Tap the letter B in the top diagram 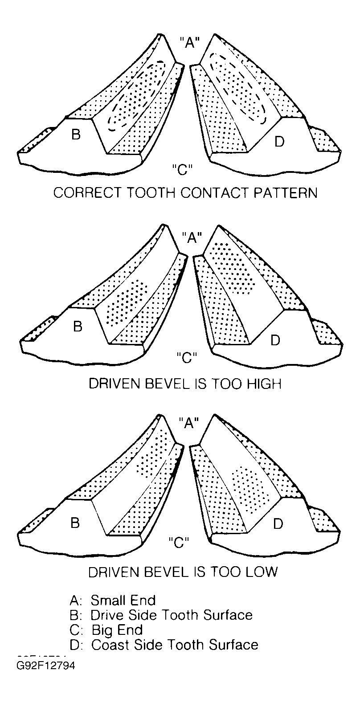[76, 135]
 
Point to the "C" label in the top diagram [182, 169]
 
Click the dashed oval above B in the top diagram [137, 96]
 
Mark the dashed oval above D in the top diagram [239, 87]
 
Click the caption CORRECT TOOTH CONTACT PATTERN [185, 193]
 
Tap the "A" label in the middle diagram [192, 238]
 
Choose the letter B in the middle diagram [78, 327]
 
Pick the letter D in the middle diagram [275, 340]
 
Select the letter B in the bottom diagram [75, 523]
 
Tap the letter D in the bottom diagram [278, 524]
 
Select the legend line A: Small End [113, 600]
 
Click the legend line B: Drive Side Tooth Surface [161, 615]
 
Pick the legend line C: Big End [106, 630]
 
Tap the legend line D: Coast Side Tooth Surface [164, 645]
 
